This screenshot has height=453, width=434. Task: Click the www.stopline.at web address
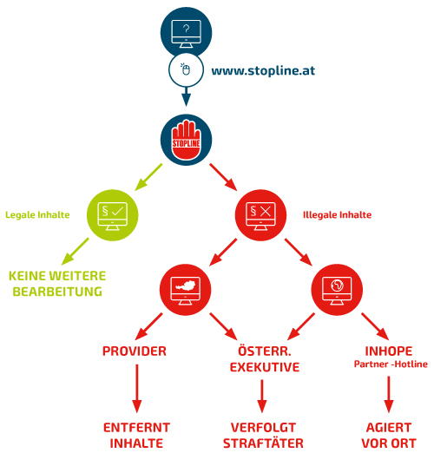coord(263,71)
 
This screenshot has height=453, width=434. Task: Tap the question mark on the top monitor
coord(187,29)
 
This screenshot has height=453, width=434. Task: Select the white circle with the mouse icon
coord(186,70)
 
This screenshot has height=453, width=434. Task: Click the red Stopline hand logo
coord(186,140)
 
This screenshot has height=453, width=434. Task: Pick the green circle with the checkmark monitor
coord(113,215)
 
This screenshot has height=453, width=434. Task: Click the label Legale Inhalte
coord(37,215)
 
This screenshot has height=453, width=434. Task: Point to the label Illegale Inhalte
coord(337,215)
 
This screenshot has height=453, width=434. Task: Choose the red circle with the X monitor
coord(260,215)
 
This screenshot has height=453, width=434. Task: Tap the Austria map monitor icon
coord(185,291)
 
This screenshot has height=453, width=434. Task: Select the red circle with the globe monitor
coord(337,290)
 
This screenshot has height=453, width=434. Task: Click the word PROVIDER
coord(135,351)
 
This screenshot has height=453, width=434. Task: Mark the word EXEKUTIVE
coord(265,367)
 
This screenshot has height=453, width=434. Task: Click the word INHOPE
coord(389,351)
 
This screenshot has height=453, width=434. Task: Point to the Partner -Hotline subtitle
coord(391,364)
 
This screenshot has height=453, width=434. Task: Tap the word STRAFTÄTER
coord(263,443)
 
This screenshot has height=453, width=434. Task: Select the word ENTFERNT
coord(136,428)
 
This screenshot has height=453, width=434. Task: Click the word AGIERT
coord(389,428)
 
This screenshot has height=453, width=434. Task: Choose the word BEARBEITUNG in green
coord(57,292)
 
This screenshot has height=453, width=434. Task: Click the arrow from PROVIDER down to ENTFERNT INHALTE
coord(137,389)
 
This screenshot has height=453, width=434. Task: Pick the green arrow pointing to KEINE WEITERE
coord(76,252)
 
